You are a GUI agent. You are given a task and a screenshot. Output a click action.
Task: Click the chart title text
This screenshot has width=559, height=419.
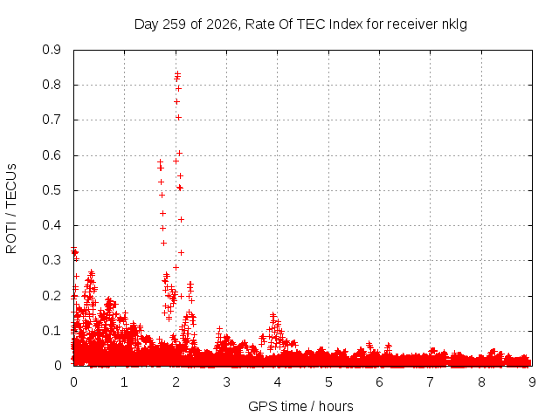(x=300, y=24)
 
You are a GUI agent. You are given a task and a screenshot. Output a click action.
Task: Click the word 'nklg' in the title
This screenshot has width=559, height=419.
(x=454, y=24)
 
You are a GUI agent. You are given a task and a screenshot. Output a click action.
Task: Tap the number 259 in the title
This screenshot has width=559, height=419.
(x=174, y=24)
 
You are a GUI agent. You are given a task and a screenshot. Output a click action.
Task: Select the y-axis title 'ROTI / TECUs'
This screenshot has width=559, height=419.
(x=11, y=209)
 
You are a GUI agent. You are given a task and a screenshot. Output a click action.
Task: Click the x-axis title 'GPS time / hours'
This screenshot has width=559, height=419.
(x=300, y=406)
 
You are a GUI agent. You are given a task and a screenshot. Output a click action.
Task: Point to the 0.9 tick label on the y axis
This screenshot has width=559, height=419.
(x=52, y=50)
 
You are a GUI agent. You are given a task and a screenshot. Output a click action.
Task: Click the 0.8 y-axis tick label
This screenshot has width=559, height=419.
(x=52, y=85)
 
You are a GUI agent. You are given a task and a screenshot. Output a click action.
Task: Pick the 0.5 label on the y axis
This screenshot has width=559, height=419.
(x=52, y=190)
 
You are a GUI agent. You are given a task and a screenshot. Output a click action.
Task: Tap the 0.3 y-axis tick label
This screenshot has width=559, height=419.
(x=52, y=260)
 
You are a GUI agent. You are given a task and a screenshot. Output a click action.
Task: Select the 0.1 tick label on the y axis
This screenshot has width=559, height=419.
(x=52, y=331)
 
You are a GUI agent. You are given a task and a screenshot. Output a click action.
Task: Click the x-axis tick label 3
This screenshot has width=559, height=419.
(x=227, y=382)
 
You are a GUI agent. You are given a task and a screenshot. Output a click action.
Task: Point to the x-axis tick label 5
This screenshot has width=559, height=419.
(x=328, y=382)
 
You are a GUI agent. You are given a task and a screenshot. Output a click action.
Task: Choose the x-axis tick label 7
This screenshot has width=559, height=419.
(x=431, y=382)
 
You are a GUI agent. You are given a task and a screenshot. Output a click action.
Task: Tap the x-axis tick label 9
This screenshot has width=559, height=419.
(x=532, y=382)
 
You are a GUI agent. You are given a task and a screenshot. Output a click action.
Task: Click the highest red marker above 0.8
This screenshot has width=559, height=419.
(x=177, y=74)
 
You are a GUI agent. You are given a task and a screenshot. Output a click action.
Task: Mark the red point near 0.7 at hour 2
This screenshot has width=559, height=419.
(x=178, y=117)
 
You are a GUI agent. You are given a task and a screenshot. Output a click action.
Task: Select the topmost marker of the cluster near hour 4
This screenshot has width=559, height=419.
(x=273, y=315)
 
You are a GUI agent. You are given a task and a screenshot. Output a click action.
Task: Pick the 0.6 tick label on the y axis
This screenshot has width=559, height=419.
(x=52, y=155)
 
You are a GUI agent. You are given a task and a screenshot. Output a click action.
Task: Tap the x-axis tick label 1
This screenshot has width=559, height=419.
(x=124, y=382)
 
